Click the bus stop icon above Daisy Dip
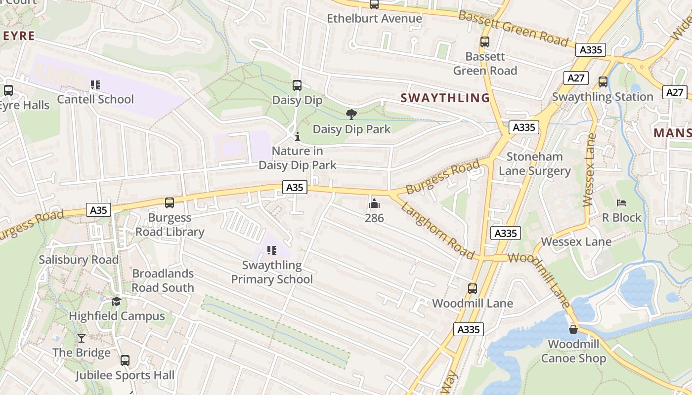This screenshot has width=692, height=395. coord(297,85)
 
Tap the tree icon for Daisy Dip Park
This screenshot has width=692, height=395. coord(351,115)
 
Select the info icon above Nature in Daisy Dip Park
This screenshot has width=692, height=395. coord(297,136)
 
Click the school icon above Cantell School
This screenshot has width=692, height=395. coord(95,85)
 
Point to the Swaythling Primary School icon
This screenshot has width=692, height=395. coord(271,251)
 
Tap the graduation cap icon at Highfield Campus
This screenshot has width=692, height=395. coord(116,301)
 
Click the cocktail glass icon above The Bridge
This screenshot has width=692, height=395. coord(82,338)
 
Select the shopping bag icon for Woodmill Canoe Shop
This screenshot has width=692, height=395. coord(573,329)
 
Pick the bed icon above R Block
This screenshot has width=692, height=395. coord(621,203)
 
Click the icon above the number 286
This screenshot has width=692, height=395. coord(374,203)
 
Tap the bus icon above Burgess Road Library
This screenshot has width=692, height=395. coord(170,203)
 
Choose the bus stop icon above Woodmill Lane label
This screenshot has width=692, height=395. coord(473,289)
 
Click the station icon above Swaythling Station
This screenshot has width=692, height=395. coord(603,82)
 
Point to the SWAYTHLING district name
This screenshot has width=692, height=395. coord(445,98)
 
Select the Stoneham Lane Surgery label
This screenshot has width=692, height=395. coord(534,164)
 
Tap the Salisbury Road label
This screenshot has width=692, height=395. coord(79,260)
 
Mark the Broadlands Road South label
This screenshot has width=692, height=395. coord(163,280)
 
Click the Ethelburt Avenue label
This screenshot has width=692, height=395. coord(375,19)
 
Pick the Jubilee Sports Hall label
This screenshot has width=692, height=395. coord(125,376)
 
